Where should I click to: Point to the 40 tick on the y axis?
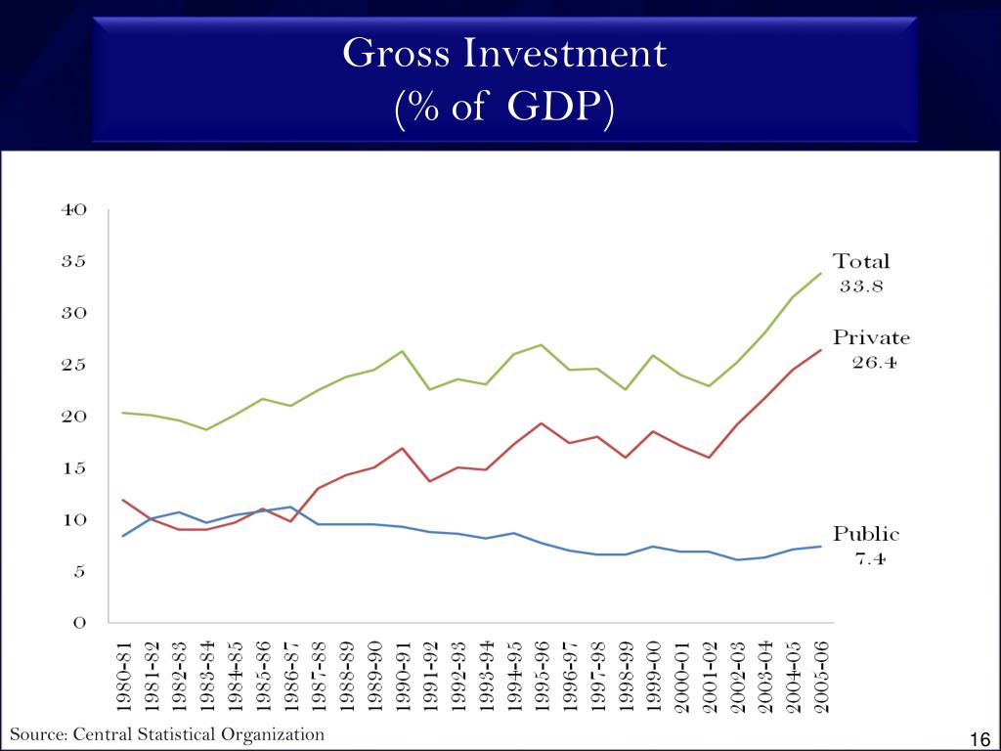click(x=75, y=209)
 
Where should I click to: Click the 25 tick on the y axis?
click(x=75, y=365)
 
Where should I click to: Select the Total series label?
click(x=861, y=262)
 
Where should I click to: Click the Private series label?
click(x=871, y=339)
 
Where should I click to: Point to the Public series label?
click(x=866, y=535)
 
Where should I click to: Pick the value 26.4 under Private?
click(x=871, y=364)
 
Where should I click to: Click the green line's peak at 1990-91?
click(x=403, y=351)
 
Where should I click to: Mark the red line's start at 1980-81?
click(x=123, y=500)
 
